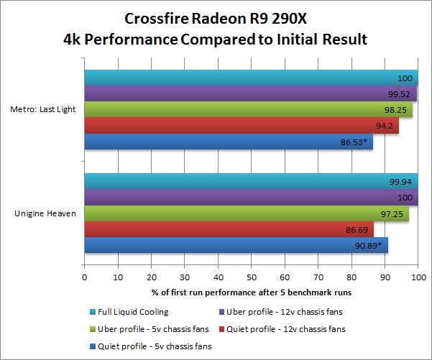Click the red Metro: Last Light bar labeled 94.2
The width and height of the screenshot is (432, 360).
tap(241, 126)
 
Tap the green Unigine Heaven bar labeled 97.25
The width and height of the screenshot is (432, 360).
tap(247, 214)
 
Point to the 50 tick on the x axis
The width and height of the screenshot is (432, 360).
tap(252, 275)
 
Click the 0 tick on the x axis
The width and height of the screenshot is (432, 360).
tap(85, 275)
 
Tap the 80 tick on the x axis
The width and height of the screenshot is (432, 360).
tap(351, 275)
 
